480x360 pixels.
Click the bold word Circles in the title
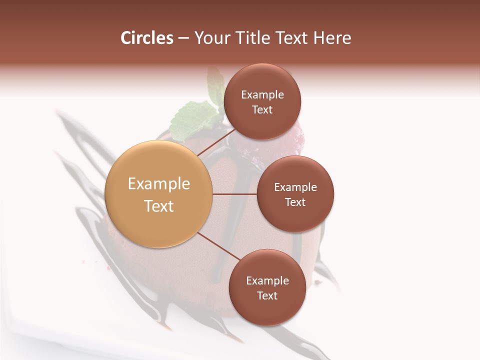point(146,38)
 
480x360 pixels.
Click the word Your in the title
point(212,38)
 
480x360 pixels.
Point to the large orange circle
point(158,194)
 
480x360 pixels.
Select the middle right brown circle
point(295,194)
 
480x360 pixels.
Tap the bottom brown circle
point(267,287)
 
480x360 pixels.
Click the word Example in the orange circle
point(158,183)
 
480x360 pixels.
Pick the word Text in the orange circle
point(158,205)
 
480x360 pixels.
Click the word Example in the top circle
point(262,94)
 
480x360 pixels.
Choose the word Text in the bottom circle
point(267,295)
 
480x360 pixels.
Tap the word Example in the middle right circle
point(295,187)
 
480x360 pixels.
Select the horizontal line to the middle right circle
point(234,194)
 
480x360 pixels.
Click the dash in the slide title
point(183,38)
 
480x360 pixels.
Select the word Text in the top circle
point(262,109)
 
